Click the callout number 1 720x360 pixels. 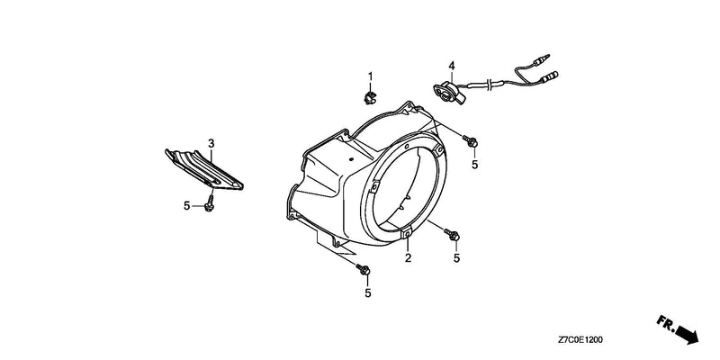tap(370, 76)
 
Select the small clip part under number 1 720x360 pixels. tap(369, 97)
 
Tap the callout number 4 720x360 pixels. tap(452, 66)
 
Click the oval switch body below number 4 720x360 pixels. tap(448, 92)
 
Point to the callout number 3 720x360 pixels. tap(211, 144)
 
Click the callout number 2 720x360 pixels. tap(408, 258)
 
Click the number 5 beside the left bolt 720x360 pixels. tap(186, 206)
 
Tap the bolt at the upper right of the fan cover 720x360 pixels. tap(470, 140)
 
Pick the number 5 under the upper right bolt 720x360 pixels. tap(475, 165)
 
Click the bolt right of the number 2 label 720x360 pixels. tap(452, 234)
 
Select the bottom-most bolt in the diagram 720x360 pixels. tap(363, 269)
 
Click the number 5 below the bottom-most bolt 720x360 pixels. tap(367, 293)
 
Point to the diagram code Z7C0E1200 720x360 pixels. tap(580, 340)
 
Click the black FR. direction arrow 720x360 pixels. tap(678, 328)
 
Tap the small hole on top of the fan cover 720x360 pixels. tap(351, 159)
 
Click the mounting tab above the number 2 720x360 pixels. tap(407, 234)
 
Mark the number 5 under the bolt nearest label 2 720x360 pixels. tap(456, 258)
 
